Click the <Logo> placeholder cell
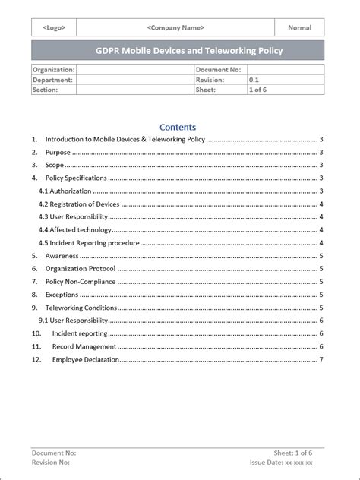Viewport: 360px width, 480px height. [54, 27]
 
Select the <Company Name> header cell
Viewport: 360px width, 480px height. [175, 27]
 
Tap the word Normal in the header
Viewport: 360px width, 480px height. [299, 27]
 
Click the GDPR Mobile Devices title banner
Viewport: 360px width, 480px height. [178, 51]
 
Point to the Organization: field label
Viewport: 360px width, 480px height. [53, 69]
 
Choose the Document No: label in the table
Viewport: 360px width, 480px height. [218, 69]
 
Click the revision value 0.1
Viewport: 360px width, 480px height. [254, 79]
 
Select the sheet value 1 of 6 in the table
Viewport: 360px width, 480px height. [259, 90]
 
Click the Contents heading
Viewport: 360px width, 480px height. [178, 128]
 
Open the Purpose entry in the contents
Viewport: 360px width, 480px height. [58, 152]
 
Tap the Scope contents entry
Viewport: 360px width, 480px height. [55, 165]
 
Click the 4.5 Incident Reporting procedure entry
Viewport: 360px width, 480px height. [89, 242]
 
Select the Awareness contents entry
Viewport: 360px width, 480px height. [62, 256]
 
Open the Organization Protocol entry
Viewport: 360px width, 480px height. [81, 268]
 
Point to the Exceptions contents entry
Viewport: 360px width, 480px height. [62, 294]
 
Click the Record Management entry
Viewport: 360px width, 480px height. [84, 346]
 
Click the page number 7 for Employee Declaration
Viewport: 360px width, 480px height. [321, 359]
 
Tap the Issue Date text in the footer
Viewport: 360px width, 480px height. [281, 462]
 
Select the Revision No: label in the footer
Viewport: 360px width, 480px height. [51, 462]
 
